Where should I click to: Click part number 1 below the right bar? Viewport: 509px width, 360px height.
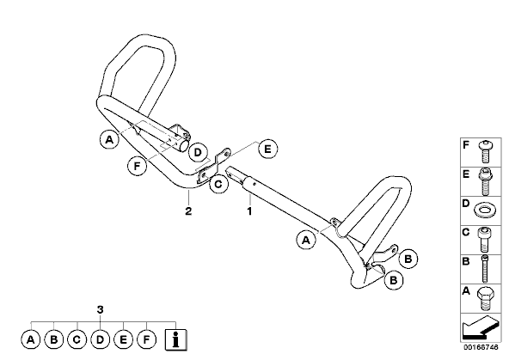coord(249,211)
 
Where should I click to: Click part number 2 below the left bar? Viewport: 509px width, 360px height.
coord(188,211)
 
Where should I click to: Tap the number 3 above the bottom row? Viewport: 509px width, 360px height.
coord(101,309)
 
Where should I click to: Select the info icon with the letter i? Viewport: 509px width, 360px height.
coord(176,339)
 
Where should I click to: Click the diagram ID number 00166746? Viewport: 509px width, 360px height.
coord(481,347)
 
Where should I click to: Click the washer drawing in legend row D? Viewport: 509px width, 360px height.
coord(485,211)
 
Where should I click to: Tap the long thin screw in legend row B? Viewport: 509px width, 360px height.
coord(485,270)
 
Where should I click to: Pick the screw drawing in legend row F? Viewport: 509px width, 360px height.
coord(485,151)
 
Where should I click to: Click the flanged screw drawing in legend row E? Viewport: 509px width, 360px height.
coord(485,181)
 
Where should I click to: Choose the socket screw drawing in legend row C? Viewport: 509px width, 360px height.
coord(485,240)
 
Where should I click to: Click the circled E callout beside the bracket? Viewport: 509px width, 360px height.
coord(267,149)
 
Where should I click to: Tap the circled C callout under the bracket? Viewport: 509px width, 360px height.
coord(218,184)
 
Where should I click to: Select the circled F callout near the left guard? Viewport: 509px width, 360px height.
coord(137,166)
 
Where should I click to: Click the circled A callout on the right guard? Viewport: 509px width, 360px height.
coord(306,241)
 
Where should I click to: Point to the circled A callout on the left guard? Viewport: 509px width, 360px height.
coord(110,139)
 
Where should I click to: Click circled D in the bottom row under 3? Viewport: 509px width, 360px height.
coord(101,339)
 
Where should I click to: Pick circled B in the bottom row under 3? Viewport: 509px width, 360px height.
coord(54,339)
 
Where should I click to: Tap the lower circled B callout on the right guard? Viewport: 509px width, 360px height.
coord(393,280)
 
